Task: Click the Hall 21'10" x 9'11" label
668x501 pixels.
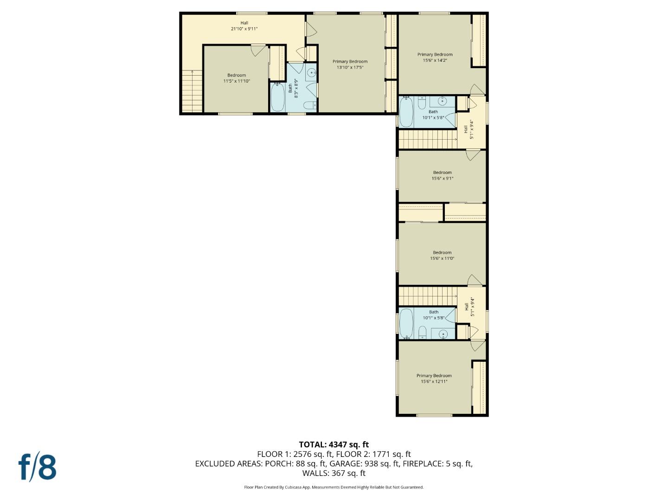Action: pyautogui.click(x=244, y=26)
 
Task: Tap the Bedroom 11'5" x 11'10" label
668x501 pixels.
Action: pyautogui.click(x=237, y=78)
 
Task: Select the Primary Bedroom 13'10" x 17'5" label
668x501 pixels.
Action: pyautogui.click(x=350, y=64)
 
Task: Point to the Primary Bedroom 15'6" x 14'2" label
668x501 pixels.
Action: pyautogui.click(x=435, y=57)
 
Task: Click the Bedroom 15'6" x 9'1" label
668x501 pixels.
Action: pyautogui.click(x=442, y=175)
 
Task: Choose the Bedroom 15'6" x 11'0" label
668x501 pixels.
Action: pyautogui.click(x=442, y=256)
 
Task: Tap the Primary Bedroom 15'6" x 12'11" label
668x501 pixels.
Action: pyautogui.click(x=434, y=379)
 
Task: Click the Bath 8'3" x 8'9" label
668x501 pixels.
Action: pyautogui.click(x=293, y=88)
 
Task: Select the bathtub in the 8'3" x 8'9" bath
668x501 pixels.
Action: pyautogui.click(x=278, y=97)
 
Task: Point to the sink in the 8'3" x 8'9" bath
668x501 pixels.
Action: pyautogui.click(x=312, y=73)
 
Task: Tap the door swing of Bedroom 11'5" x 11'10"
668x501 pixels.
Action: pyautogui.click(x=257, y=50)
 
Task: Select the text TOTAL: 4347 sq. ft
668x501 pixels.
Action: pyautogui.click(x=334, y=444)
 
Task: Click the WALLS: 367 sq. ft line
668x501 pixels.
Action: pyautogui.click(x=334, y=473)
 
